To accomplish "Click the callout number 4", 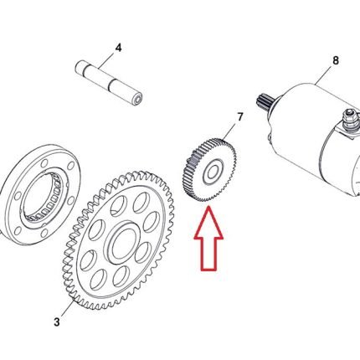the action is tap(119, 48).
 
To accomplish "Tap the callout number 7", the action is tap(240, 117).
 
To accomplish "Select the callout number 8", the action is tap(336, 60).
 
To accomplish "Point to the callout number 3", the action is tap(57, 322).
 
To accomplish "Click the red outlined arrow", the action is tap(208, 239).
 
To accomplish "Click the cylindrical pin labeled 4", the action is tap(110, 84).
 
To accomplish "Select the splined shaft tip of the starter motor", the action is tap(264, 101).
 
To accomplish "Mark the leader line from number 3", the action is tap(67, 307).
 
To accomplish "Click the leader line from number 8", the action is tap(324, 75).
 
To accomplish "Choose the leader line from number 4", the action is tap(107, 60).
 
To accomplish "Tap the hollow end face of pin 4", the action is tap(138, 100).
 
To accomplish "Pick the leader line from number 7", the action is tap(229, 132).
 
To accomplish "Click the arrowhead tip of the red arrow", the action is tap(208, 206).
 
